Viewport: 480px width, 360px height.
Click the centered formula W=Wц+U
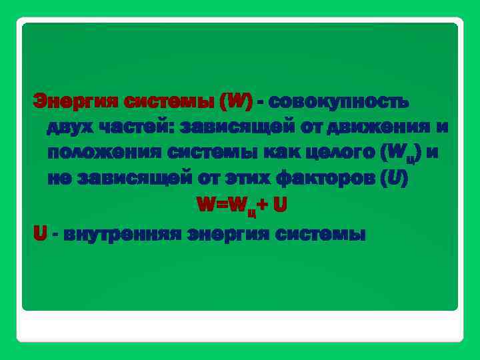241,206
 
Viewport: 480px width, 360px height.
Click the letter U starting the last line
39,234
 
